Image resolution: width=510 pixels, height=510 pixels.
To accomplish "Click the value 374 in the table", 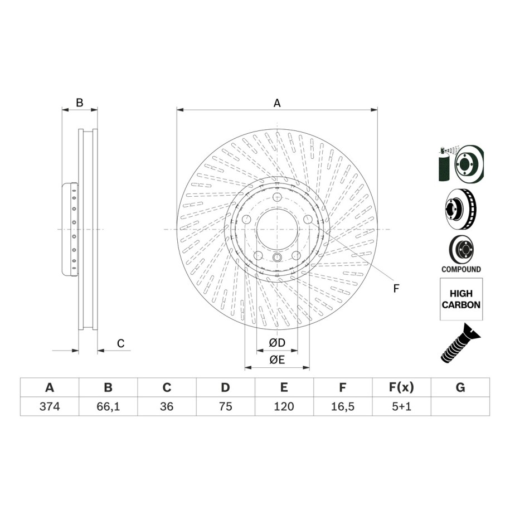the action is click(x=50, y=406).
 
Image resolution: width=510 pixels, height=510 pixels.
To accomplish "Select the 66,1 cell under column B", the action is click(x=108, y=406).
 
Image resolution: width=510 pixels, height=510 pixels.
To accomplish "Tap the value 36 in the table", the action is click(x=167, y=406).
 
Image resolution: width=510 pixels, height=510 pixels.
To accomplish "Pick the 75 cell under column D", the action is click(x=225, y=406).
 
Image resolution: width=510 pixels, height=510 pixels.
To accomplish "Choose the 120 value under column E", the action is click(x=284, y=406).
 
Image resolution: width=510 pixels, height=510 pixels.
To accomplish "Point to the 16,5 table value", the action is click(x=342, y=406).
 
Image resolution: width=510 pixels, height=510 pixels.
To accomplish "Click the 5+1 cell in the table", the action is click(x=401, y=406).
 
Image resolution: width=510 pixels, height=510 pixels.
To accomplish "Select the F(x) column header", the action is click(x=401, y=387).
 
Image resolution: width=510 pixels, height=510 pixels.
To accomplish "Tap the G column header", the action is click(x=460, y=387).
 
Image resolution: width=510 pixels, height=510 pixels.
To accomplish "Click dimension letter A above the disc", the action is click(x=277, y=103).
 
